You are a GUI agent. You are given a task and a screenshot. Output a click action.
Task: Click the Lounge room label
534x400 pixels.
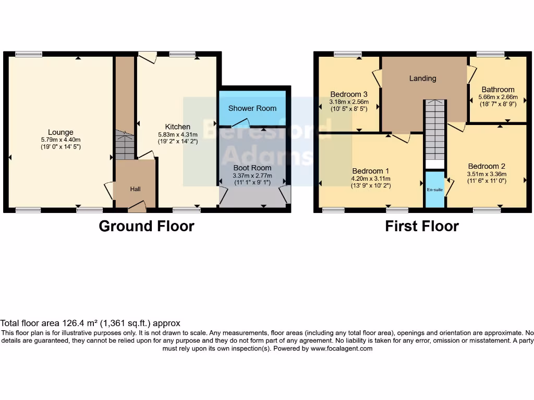[x=60, y=132]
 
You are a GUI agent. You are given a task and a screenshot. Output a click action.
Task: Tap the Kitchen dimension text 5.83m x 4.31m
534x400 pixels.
[x=177, y=134]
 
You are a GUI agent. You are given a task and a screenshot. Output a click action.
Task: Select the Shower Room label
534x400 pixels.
[x=252, y=108]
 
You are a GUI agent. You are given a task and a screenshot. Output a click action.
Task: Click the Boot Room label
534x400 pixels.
[x=252, y=168]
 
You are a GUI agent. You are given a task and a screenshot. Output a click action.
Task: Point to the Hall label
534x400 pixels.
[x=135, y=189]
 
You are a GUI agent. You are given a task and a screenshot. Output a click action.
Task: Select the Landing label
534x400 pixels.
[x=422, y=79]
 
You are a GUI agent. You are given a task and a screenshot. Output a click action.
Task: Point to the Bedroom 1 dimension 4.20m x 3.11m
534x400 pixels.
[x=371, y=178]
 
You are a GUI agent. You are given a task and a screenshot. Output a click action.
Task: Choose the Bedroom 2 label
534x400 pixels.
[x=487, y=167]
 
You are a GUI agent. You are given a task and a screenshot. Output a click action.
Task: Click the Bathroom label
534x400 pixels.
[x=497, y=90]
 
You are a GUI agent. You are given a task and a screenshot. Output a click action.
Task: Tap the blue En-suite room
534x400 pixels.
[x=435, y=190]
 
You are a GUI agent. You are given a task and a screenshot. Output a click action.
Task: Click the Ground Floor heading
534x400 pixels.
[x=147, y=226]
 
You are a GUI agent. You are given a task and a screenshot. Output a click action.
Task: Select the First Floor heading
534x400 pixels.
[x=422, y=226]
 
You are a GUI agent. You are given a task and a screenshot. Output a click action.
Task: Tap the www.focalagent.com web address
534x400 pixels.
[x=342, y=348]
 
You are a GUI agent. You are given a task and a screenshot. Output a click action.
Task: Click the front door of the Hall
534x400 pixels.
[x=137, y=207]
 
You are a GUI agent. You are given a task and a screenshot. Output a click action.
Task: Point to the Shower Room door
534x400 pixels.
[x=240, y=123]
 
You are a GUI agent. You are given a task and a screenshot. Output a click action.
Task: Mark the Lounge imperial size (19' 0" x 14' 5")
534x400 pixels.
[x=60, y=147]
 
